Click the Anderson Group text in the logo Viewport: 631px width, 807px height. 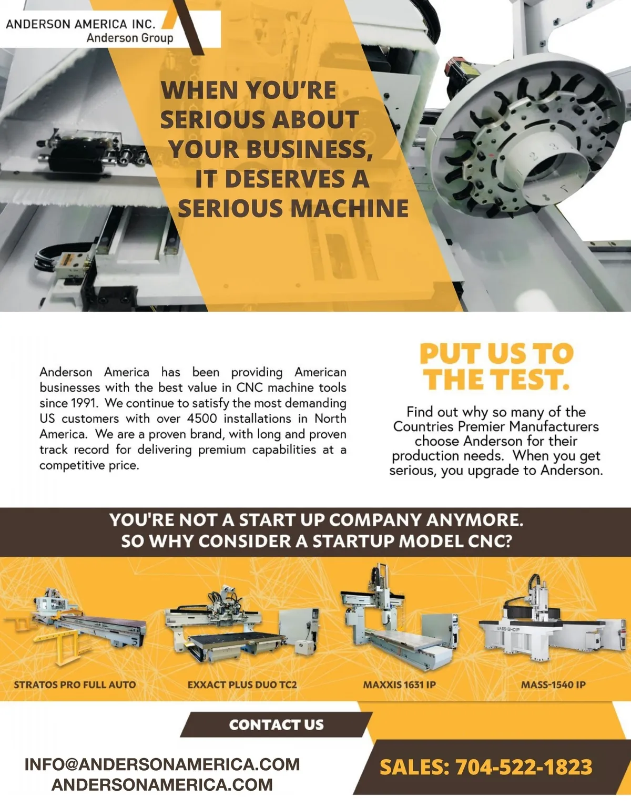point(130,38)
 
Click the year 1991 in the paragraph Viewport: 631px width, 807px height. point(84,403)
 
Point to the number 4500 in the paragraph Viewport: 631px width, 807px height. point(202,418)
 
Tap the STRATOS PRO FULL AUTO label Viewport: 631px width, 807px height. point(75,685)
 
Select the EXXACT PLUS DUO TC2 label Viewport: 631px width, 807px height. point(242,685)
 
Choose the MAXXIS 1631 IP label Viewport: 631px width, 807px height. point(399,685)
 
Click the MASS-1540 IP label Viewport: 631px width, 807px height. point(553,685)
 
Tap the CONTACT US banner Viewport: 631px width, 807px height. point(276,724)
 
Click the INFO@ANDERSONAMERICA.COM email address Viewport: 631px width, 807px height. point(162,764)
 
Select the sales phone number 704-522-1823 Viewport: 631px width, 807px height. point(524,767)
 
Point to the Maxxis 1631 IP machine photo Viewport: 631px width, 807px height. point(399,618)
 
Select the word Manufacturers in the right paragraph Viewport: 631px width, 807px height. point(554,426)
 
